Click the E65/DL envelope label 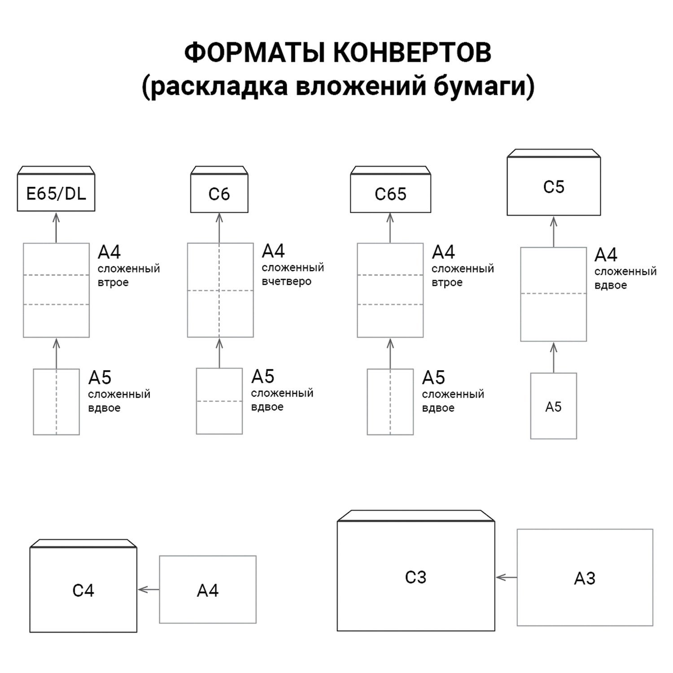point(56,194)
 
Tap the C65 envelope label point(390,194)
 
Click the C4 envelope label point(83,590)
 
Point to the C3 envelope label point(415,577)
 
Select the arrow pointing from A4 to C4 point(148,590)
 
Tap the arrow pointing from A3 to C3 point(506,577)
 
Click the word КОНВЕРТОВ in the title point(412,52)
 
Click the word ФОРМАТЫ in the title point(254,52)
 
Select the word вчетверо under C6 point(286,282)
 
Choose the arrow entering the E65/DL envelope point(56,227)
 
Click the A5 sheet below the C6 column point(219,401)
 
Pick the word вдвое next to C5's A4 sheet point(610,285)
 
